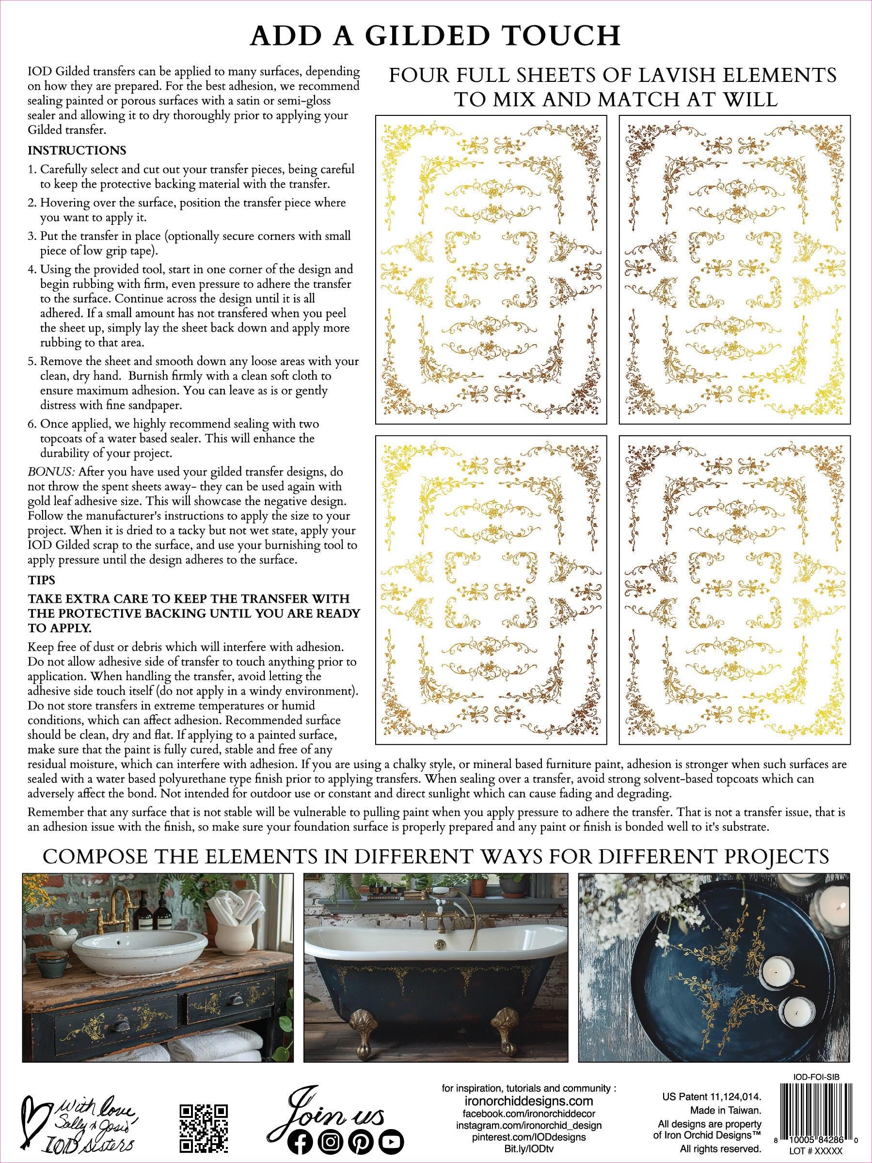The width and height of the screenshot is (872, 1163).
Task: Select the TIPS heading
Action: pos(42,580)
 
